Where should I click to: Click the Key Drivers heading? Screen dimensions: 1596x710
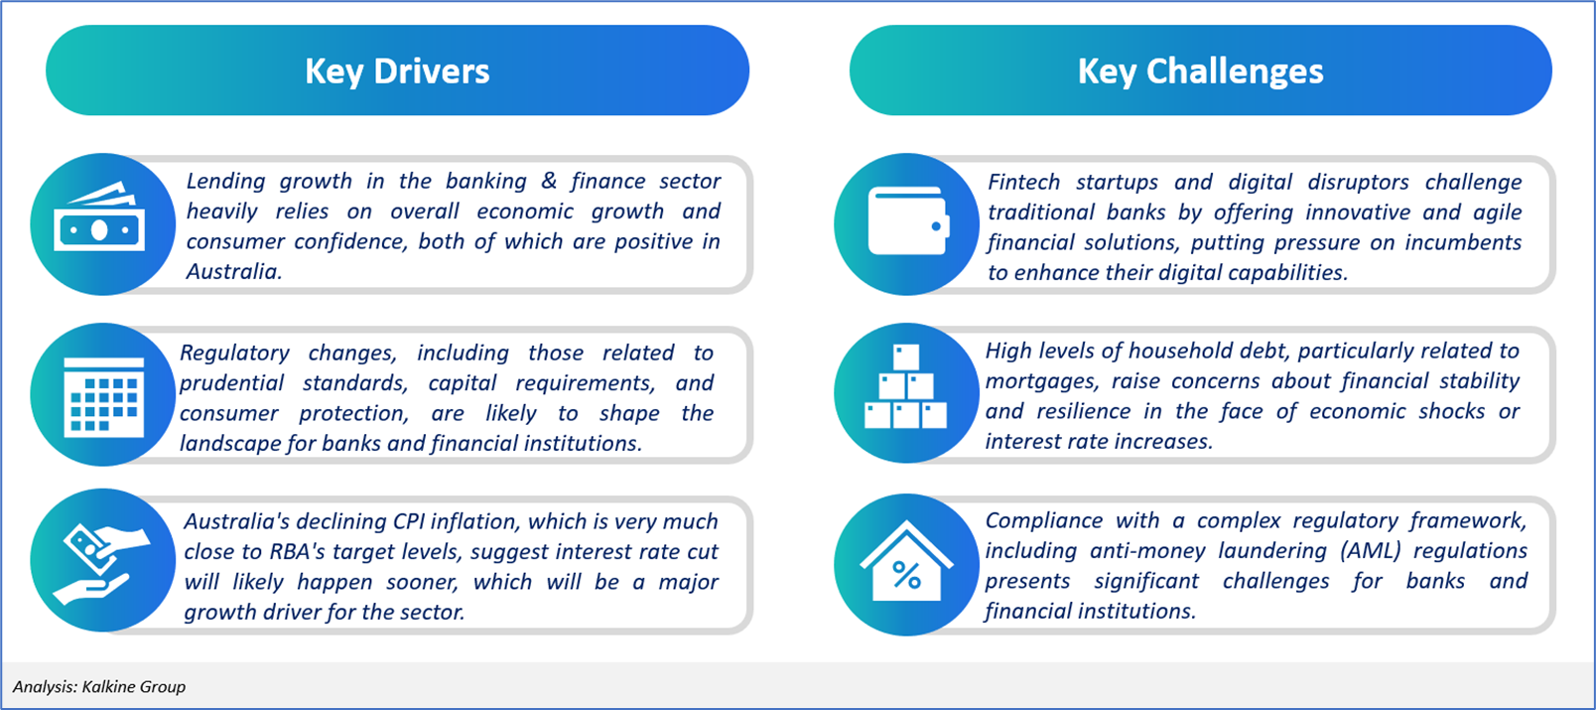click(398, 71)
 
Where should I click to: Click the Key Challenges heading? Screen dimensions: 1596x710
click(1201, 71)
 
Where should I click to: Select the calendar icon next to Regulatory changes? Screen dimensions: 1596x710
click(104, 396)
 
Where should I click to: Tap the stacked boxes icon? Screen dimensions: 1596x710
click(905, 387)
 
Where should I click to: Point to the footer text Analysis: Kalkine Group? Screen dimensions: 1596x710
click(99, 686)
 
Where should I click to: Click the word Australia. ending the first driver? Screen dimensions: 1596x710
click(234, 272)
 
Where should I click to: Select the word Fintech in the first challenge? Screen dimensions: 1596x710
click(1023, 183)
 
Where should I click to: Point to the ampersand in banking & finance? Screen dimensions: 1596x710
click(549, 181)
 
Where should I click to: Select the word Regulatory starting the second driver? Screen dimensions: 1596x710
click(234, 354)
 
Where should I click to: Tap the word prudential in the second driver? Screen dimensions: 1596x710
click(231, 383)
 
